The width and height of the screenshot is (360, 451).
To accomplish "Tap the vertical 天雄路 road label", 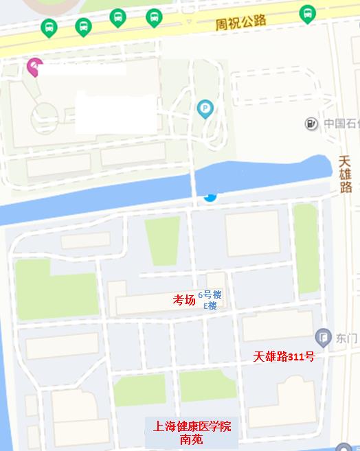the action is pos(346,174).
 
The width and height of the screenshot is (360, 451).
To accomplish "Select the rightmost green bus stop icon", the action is pos(307,13).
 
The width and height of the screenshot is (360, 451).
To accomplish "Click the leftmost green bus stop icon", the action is pos(48,27).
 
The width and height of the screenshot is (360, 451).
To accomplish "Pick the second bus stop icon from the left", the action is pos(83,26).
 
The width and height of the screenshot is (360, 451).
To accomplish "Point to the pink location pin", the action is pos(34,67).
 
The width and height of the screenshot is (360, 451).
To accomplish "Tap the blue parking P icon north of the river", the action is pos(205,108).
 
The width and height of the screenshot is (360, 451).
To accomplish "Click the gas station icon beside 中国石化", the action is pos(312,124).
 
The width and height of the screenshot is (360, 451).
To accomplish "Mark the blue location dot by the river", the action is pos(210,197).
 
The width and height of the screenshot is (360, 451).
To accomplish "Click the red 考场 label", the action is pos(183,299).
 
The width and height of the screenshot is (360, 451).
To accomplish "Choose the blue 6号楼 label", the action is pos(210,294).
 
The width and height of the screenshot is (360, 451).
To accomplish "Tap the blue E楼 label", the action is pos(210,305).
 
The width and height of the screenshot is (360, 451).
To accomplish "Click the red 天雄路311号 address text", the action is pos(284,356).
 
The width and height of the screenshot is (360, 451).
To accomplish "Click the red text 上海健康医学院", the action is pos(192,427).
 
